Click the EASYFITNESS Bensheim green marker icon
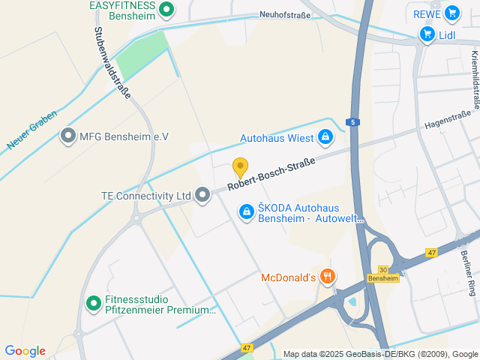pyautogui.click(x=167, y=10)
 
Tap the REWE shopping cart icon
pyautogui.click(x=451, y=13)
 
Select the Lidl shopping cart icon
pyautogui.click(x=427, y=34)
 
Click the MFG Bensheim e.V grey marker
pyautogui.click(x=68, y=136)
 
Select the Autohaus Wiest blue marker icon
pyautogui.click(x=325, y=137)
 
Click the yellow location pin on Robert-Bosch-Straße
pyautogui.click(x=240, y=166)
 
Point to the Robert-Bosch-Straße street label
pyautogui.click(x=271, y=172)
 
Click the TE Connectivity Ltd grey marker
pyautogui.click(x=202, y=195)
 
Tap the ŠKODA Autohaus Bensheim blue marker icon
pyautogui.click(x=246, y=213)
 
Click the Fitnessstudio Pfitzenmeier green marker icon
pyautogui.click(x=94, y=304)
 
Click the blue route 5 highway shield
pyautogui.click(x=352, y=121)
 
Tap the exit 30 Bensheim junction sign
pyautogui.click(x=382, y=274)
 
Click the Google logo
pyautogui.click(x=25, y=351)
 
